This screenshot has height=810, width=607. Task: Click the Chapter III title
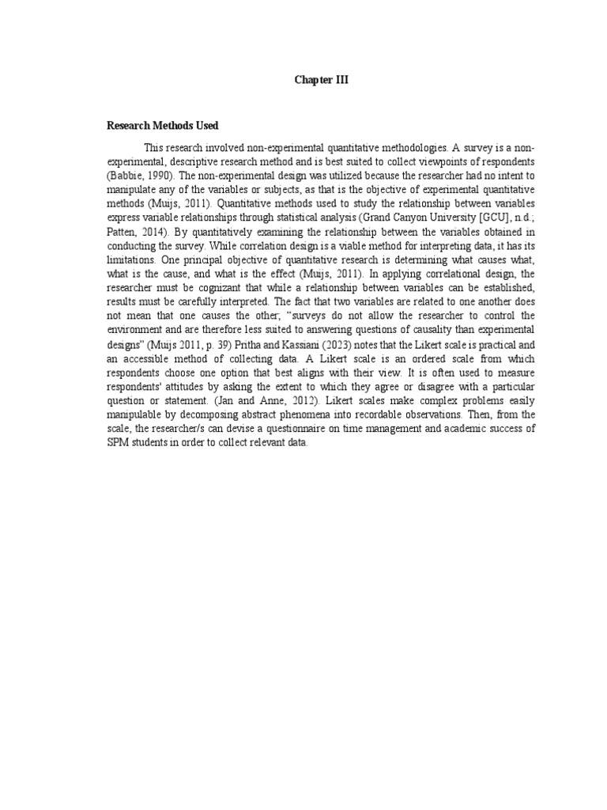tap(322, 80)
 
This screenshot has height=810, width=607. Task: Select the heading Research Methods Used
tap(163, 126)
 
